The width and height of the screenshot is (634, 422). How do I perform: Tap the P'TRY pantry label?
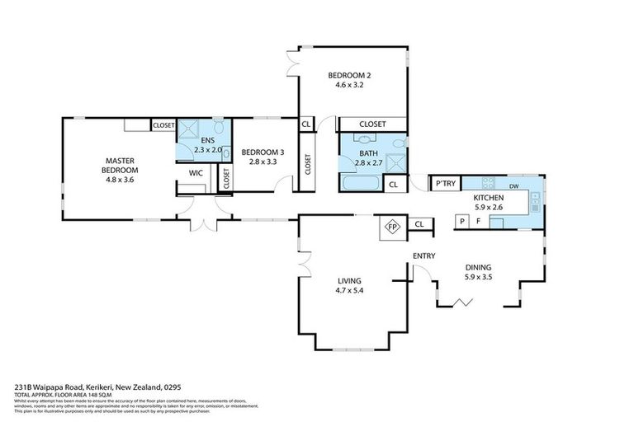446,185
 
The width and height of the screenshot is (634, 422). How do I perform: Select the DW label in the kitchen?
513,186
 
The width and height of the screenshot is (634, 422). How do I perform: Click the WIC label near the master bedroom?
196,173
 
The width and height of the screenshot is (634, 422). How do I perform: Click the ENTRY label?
423,256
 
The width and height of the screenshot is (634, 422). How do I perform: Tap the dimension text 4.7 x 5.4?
349,290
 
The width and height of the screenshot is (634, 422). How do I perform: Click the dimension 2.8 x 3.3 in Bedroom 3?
262,162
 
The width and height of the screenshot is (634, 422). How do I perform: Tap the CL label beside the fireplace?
419,223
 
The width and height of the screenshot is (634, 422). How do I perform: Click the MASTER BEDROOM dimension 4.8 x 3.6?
119,179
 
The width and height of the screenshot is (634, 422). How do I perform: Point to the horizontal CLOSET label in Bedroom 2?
372,124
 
